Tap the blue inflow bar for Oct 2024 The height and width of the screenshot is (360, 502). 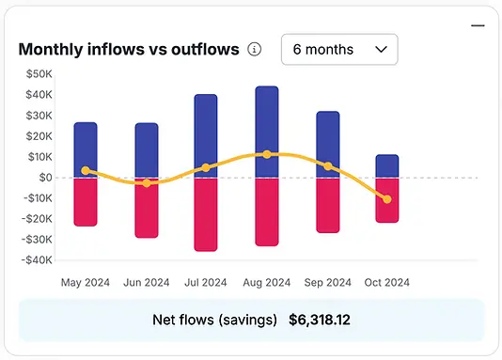point(387,164)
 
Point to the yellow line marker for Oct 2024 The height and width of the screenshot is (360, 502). point(387,199)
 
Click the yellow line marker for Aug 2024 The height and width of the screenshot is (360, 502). point(267,154)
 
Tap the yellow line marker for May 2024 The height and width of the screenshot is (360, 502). point(86,171)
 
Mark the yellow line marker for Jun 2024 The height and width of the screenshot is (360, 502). point(146,183)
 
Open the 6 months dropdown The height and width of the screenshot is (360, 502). point(339,49)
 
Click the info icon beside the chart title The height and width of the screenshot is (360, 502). point(254,50)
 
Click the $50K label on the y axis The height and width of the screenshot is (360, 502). point(39,73)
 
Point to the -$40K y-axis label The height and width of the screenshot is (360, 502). point(37,260)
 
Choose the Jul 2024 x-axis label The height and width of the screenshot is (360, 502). point(205,282)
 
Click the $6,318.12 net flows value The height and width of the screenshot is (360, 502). point(320,320)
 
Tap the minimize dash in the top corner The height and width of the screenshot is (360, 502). point(478,26)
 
